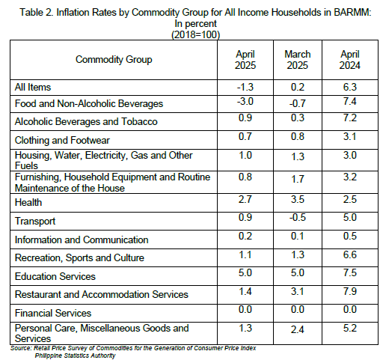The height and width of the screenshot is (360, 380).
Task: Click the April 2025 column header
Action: point(245,60)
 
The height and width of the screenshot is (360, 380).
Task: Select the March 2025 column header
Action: point(298,60)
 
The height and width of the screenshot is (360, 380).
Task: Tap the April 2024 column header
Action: point(350,60)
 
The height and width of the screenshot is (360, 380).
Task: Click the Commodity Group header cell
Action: point(114,60)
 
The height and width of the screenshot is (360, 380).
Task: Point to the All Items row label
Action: point(33,88)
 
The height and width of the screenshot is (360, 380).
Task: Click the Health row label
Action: point(28,202)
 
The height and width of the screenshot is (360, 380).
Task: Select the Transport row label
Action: point(35,222)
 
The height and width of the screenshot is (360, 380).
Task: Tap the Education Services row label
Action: point(55,276)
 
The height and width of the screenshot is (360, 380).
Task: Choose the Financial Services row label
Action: point(53,313)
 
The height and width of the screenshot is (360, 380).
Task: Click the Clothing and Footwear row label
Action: point(62,140)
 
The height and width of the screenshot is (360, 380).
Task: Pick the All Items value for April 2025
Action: point(245,87)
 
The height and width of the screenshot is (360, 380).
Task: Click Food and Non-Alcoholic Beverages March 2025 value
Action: point(298,103)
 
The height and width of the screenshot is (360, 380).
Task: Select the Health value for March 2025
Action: point(298,199)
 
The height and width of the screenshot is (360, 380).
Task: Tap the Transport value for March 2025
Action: point(298,217)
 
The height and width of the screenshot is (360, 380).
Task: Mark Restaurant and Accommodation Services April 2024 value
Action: point(350,291)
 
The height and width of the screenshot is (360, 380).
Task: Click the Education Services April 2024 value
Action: point(350,272)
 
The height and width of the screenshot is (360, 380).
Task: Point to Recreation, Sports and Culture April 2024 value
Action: point(350,254)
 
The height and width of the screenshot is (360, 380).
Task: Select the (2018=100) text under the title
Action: point(196,34)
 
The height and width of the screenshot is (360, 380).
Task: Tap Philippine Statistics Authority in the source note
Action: point(75,356)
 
